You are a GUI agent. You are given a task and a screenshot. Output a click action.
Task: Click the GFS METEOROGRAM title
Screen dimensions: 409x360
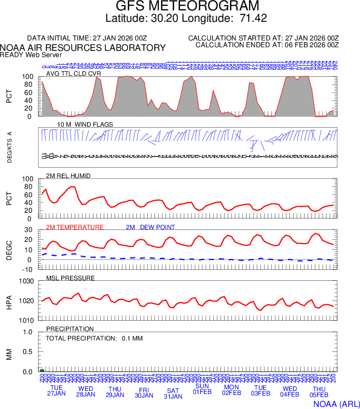tap(180, 7)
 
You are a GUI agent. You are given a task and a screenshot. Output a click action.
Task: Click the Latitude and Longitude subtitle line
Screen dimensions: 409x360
tap(179, 19)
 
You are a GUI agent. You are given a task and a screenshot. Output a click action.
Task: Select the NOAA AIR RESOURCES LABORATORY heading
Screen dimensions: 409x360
tap(83, 48)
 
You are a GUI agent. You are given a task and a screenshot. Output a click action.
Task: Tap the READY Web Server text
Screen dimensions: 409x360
tap(31, 54)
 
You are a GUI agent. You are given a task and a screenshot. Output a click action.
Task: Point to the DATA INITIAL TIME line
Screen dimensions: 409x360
tap(87, 38)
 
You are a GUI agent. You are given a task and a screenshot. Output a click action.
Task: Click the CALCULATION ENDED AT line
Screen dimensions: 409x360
tap(267, 45)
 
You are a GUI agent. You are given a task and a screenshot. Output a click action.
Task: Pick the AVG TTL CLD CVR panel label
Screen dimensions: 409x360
tap(74, 74)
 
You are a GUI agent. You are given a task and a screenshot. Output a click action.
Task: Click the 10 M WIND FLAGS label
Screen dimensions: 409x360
tap(85, 125)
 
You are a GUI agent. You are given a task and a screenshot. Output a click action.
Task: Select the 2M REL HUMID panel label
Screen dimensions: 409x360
tap(68, 176)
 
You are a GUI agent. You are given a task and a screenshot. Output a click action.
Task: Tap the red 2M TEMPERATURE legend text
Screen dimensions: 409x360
tap(75, 227)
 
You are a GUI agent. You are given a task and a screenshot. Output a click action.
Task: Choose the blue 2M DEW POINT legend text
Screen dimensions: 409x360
tap(150, 227)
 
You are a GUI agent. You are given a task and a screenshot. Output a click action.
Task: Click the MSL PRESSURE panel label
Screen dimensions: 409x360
tap(71, 278)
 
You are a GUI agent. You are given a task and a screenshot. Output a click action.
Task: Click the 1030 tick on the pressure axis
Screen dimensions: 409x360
tap(27, 281)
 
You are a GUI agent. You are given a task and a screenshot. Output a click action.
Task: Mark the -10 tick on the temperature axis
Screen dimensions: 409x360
tap(29, 269)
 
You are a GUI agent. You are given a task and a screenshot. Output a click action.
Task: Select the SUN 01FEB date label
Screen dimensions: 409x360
tap(202, 389)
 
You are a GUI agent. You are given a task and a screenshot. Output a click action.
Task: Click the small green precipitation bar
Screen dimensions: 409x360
tap(42, 371)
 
